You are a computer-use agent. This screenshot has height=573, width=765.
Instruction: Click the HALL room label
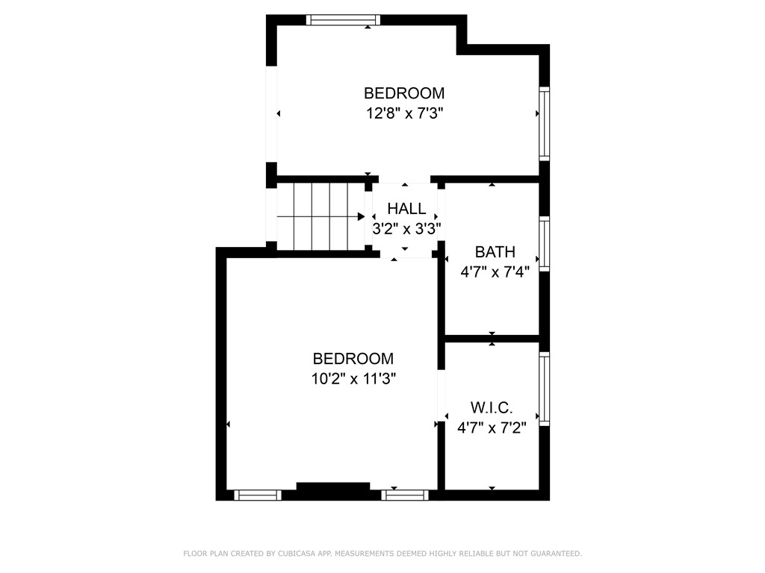pyautogui.click(x=406, y=209)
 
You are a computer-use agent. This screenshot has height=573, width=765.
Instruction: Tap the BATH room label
pyautogui.click(x=495, y=252)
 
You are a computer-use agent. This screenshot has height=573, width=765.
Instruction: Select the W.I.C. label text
pyautogui.click(x=492, y=408)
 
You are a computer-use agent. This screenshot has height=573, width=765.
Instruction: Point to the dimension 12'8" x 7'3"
pyautogui.click(x=404, y=113)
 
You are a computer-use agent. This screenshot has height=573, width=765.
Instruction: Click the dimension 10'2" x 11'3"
pyautogui.click(x=353, y=378)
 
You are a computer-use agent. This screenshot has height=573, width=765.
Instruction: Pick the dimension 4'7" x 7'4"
pyautogui.click(x=495, y=272)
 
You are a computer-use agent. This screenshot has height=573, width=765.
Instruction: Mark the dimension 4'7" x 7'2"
pyautogui.click(x=492, y=428)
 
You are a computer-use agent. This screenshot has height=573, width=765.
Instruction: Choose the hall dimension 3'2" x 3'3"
pyautogui.click(x=406, y=228)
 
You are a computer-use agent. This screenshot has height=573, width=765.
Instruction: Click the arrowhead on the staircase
pyautogui.click(x=361, y=216)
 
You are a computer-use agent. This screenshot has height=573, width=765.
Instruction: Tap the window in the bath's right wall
pyautogui.click(x=545, y=242)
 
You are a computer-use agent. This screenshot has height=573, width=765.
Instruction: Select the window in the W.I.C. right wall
pyautogui.click(x=545, y=388)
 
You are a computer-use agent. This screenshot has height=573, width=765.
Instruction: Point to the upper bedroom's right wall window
pyautogui.click(x=545, y=123)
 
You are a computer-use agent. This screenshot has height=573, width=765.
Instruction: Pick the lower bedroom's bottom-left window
pyautogui.click(x=258, y=495)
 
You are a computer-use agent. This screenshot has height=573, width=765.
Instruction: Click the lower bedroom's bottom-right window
pyautogui.click(x=405, y=495)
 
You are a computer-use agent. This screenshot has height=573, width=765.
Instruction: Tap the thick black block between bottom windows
pyautogui.click(x=333, y=489)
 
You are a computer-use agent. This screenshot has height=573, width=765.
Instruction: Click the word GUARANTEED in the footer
pyautogui.click(x=554, y=554)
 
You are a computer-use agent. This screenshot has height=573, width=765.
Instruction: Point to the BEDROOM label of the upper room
pyautogui.click(x=404, y=93)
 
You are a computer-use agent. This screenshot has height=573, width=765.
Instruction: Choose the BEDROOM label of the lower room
pyautogui.click(x=353, y=358)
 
